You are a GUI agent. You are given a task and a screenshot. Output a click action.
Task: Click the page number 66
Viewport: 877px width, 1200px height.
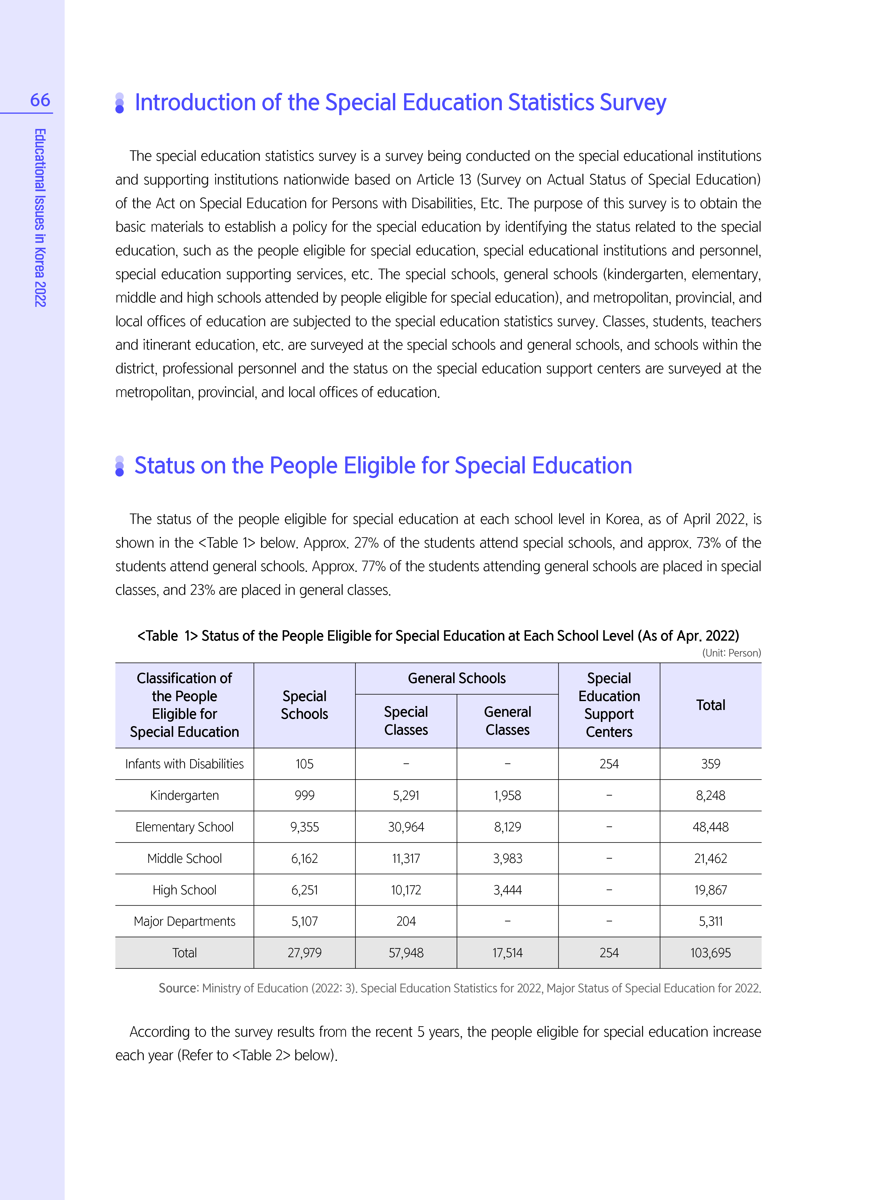click(40, 100)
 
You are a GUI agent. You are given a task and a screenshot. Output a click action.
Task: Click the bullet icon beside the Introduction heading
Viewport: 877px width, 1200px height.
click(119, 103)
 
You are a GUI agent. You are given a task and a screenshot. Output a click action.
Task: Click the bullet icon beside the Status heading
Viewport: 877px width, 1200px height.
click(119, 466)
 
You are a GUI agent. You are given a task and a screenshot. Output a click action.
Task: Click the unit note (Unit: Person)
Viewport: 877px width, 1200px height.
click(731, 653)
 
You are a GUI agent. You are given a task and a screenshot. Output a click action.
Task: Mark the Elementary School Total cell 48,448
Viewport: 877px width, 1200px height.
click(710, 827)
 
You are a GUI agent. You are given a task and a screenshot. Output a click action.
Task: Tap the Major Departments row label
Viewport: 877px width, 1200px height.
click(184, 921)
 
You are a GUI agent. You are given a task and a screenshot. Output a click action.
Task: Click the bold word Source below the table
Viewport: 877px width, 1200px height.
click(178, 988)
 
